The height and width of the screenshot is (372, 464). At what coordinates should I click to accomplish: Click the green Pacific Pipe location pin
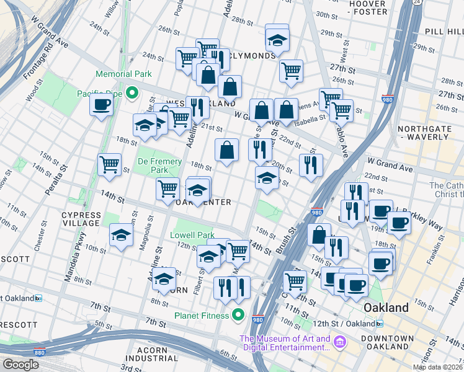(131, 94)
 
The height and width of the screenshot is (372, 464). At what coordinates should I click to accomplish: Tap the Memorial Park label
(123, 74)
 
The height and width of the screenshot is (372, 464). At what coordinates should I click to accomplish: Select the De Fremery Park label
(153, 165)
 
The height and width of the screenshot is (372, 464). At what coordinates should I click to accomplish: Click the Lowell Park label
(192, 235)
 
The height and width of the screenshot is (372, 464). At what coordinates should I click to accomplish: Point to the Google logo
(20, 365)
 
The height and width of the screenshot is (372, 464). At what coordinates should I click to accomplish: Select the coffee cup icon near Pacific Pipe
(100, 104)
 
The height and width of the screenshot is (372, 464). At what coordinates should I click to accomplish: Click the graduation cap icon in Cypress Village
(121, 234)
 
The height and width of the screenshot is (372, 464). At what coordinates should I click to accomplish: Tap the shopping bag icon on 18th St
(227, 150)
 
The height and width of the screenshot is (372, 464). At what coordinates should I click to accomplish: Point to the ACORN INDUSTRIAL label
(151, 354)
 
